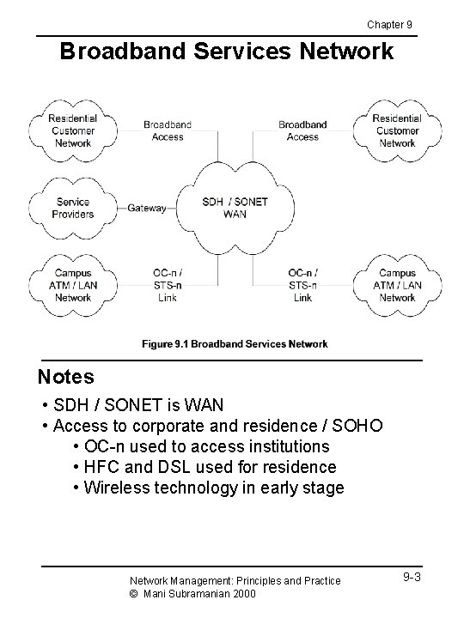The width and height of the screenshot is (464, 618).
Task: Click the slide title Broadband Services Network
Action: pyautogui.click(x=226, y=51)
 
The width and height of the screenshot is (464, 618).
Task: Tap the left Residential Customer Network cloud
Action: pyautogui.click(x=73, y=131)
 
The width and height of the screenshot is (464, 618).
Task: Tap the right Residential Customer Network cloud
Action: pyautogui.click(x=397, y=131)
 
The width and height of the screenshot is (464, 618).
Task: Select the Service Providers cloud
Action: pyautogui.click(x=73, y=208)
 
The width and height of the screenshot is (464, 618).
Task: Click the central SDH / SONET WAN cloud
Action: pyautogui.click(x=235, y=208)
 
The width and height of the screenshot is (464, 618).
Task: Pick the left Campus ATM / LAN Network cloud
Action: pyautogui.click(x=73, y=285)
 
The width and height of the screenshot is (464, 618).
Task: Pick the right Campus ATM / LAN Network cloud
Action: pyautogui.click(x=397, y=285)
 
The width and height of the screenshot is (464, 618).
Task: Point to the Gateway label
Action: pyautogui.click(x=146, y=208)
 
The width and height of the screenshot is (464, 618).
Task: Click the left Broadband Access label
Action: pyautogui.click(x=168, y=130)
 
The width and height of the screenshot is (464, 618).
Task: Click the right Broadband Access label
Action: pyautogui.click(x=302, y=130)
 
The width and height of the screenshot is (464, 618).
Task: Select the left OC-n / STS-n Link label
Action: pyautogui.click(x=168, y=285)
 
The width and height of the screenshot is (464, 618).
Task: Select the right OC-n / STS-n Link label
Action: pyautogui.click(x=302, y=285)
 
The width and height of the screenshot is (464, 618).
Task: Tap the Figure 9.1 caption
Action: pyautogui.click(x=235, y=344)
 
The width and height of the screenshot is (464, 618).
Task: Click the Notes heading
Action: pyautogui.click(x=66, y=377)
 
